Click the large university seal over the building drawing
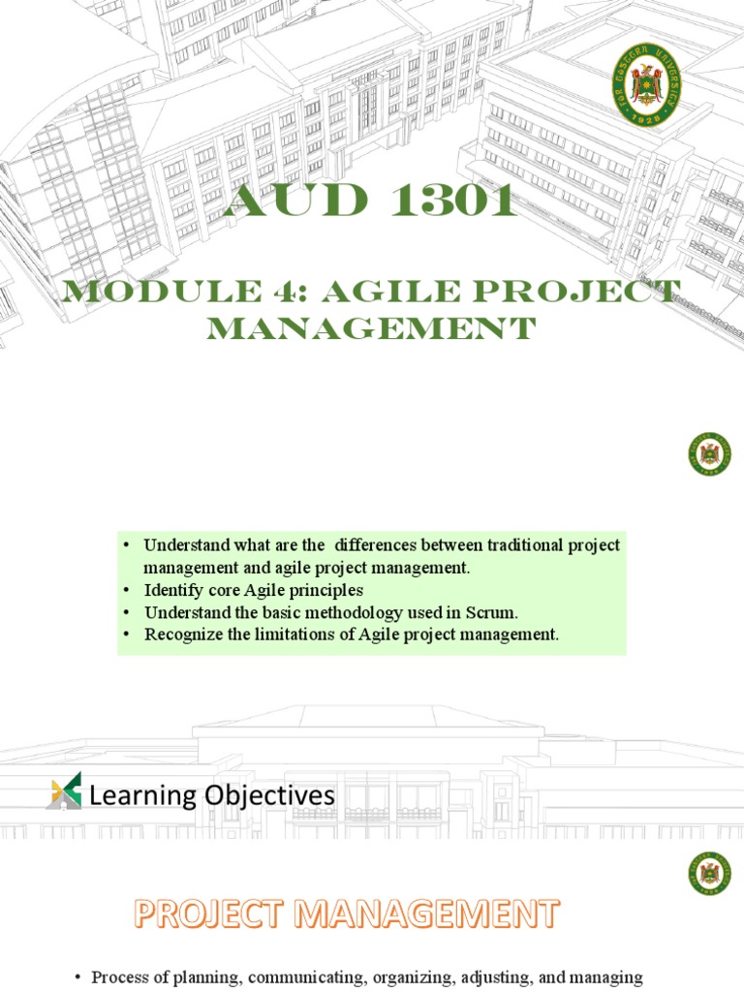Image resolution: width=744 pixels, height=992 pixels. pos(646,85)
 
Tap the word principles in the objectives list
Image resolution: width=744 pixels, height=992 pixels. pos(323,590)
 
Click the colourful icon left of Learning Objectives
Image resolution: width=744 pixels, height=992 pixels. pos(64,790)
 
